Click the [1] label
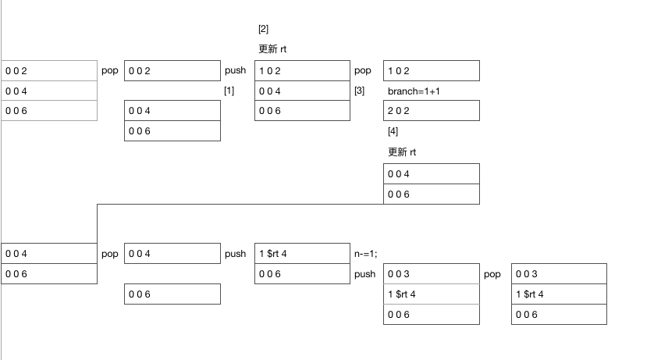click(x=229, y=91)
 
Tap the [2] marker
click(x=263, y=29)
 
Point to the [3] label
click(x=359, y=91)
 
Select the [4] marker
click(x=393, y=131)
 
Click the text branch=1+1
click(x=414, y=91)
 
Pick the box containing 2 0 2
click(x=432, y=111)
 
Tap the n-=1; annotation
click(x=366, y=254)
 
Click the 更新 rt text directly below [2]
click(x=272, y=49)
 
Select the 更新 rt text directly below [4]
click(x=402, y=152)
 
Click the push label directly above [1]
click(x=235, y=70)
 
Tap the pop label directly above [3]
click(x=362, y=70)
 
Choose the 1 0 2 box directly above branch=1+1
click(x=432, y=70)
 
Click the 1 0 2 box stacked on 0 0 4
click(x=302, y=70)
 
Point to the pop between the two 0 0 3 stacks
click(x=492, y=274)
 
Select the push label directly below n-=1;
click(x=365, y=274)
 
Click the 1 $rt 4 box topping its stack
click(x=302, y=253)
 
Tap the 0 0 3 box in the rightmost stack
click(x=559, y=273)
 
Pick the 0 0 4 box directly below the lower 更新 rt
click(x=432, y=173)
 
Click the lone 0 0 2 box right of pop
click(x=172, y=70)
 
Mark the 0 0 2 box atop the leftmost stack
click(x=49, y=70)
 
